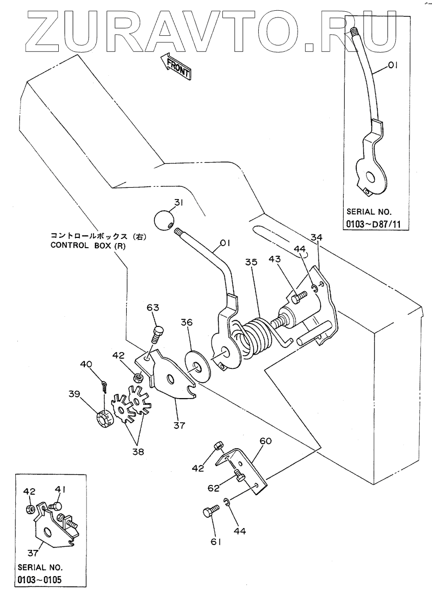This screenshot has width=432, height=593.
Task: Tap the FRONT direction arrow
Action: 175,67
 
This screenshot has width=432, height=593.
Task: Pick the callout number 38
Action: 139,451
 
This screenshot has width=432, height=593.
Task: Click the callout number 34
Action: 317,237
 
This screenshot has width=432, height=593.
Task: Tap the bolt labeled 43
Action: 298,296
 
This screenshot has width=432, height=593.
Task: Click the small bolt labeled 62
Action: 238,477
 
